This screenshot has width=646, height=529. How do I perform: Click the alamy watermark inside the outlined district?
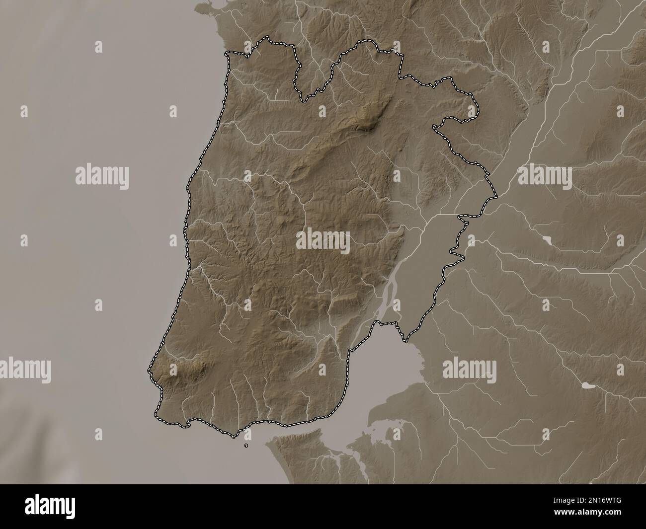(323, 242)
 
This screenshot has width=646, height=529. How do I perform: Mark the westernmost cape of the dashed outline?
(149, 370)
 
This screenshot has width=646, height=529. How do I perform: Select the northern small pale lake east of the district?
(547, 240)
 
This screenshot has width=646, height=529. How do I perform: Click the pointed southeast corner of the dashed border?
(406, 342)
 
